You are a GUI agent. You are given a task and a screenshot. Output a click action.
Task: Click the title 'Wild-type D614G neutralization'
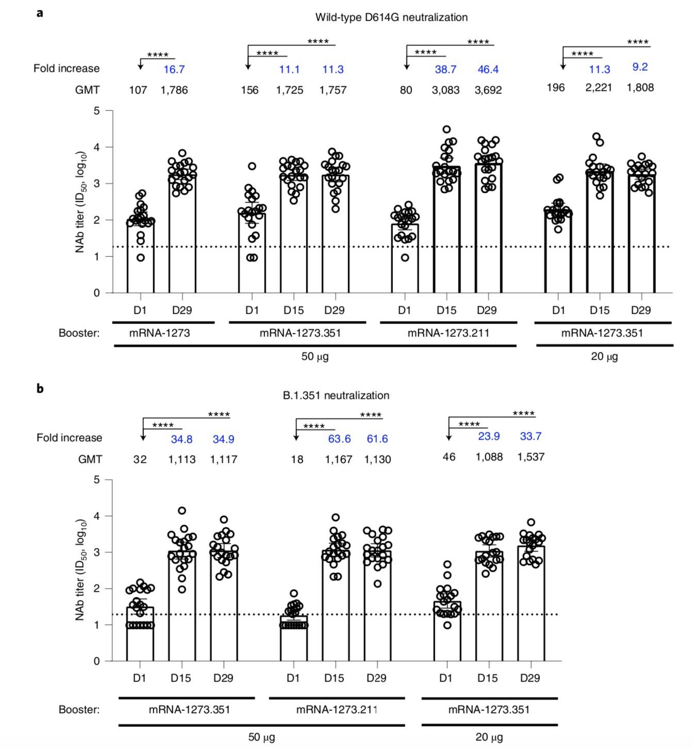pos(391,18)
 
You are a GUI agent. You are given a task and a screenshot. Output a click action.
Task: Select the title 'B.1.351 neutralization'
pos(336,396)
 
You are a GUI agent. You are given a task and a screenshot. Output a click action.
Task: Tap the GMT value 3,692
pos(488,90)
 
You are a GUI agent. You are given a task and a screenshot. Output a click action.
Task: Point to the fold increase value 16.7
pos(174,69)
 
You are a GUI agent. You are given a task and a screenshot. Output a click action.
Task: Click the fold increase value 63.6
pos(339,439)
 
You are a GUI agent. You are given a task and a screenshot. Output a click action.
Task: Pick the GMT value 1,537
pos(531,457)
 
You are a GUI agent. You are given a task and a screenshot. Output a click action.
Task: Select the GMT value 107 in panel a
pos(138,90)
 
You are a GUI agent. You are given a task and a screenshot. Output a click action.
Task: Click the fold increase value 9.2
pos(640,67)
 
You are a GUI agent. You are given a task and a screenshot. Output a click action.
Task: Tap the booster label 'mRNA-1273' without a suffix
pos(159,333)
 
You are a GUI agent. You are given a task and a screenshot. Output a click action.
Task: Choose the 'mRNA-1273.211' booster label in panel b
pos(336,710)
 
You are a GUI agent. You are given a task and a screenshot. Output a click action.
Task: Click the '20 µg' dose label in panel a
pos(604,356)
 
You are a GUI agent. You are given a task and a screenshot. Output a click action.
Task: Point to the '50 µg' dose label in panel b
pos(261,737)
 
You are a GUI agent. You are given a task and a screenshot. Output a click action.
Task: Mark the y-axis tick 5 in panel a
pos(96,111)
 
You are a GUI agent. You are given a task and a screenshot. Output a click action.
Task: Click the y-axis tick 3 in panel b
pos(96,553)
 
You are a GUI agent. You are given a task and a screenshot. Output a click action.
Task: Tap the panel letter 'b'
pos(40,388)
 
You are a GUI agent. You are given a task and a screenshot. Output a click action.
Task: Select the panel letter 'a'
pos(40,13)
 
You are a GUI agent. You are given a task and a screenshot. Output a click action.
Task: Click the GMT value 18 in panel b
pos(297,460)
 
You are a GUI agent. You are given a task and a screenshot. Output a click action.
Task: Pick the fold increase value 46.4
pos(488,70)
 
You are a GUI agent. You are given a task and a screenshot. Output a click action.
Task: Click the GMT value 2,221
pos(599,88)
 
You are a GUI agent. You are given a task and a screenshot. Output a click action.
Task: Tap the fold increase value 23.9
pos(488,436)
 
